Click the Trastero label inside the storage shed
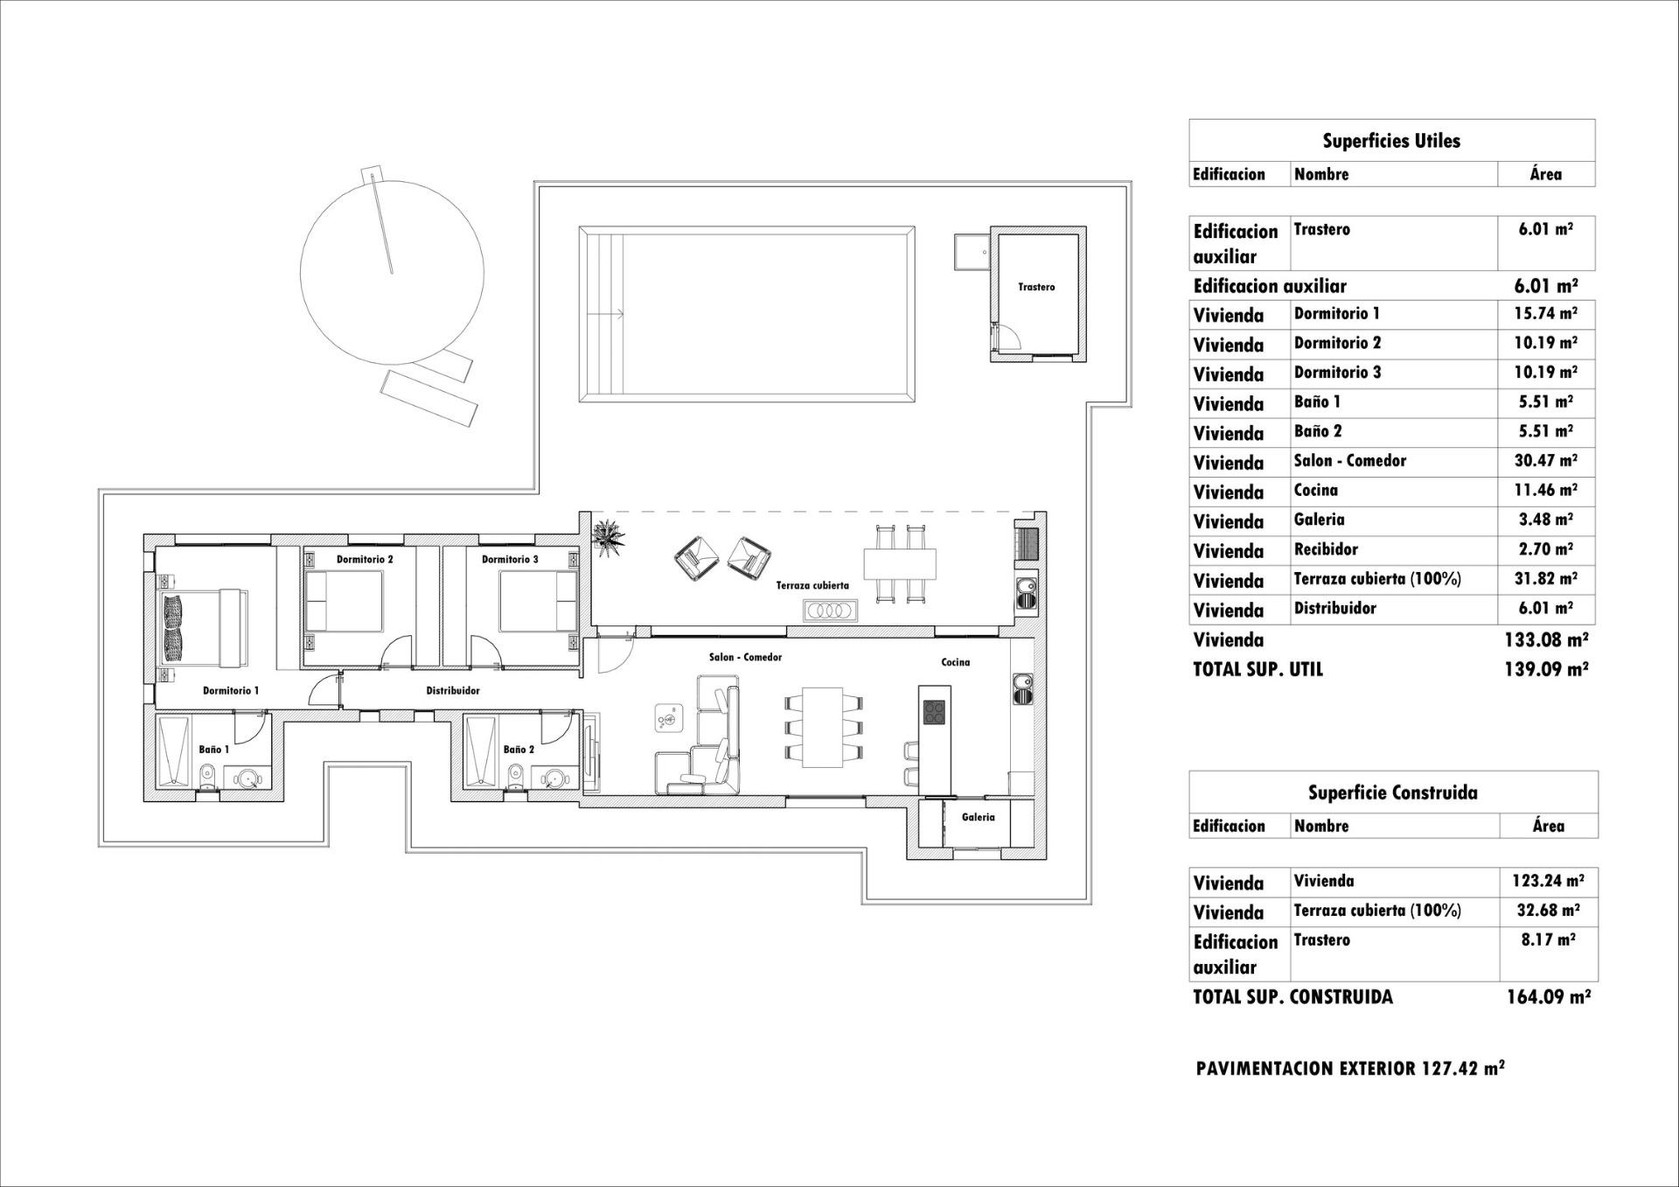pyautogui.click(x=1036, y=287)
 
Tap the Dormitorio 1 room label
pyautogui.click(x=231, y=690)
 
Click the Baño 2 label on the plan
pyautogui.click(x=519, y=750)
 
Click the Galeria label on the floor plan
pyautogui.click(x=978, y=817)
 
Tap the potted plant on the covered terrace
pyautogui.click(x=609, y=534)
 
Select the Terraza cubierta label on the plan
pyautogui.click(x=812, y=586)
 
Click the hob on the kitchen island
pyautogui.click(x=933, y=713)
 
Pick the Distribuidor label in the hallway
pyautogui.click(x=453, y=690)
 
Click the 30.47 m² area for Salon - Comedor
pyautogui.click(x=1545, y=461)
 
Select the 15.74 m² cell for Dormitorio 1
pyautogui.click(x=1545, y=313)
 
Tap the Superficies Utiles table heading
pyautogui.click(x=1391, y=141)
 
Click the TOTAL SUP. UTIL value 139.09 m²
pyautogui.click(x=1545, y=669)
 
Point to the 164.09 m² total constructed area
pyautogui.click(x=1547, y=996)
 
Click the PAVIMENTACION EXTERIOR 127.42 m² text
pyautogui.click(x=1350, y=1068)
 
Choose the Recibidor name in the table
pyautogui.click(x=1326, y=549)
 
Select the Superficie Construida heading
pyautogui.click(x=1392, y=792)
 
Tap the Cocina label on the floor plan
pyautogui.click(x=955, y=662)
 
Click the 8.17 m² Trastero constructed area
pyautogui.click(x=1547, y=940)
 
